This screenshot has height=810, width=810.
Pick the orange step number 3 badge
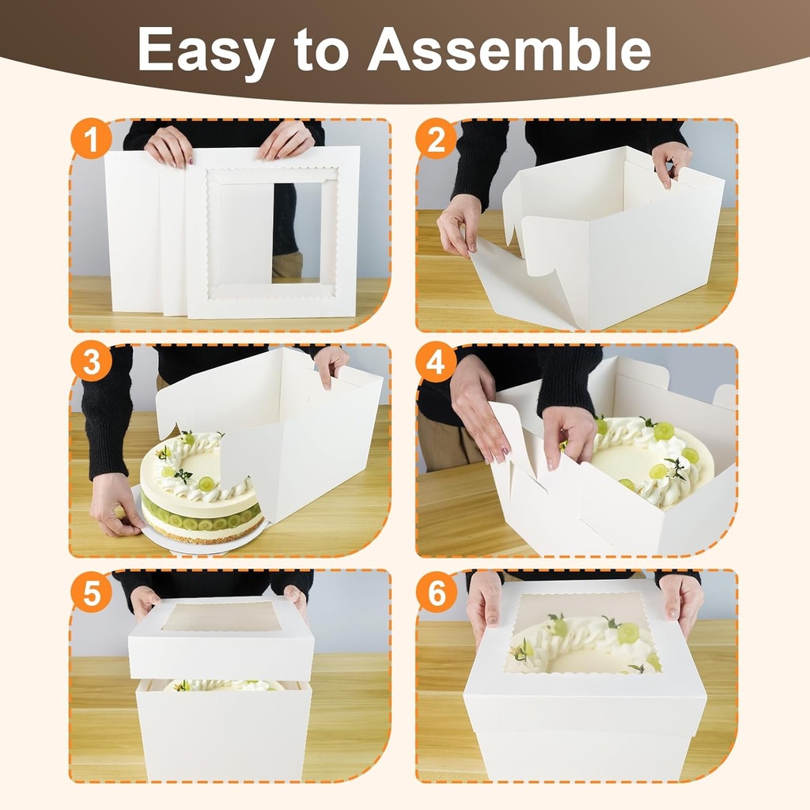point(90,363)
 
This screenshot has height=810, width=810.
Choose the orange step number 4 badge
point(437,363)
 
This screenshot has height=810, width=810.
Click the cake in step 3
point(198,490)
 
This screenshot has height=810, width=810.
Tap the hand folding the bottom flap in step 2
point(459,225)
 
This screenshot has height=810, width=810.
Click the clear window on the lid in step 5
point(221,617)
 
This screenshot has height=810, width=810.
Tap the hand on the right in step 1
point(286,141)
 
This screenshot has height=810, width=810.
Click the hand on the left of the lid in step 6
point(484,605)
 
